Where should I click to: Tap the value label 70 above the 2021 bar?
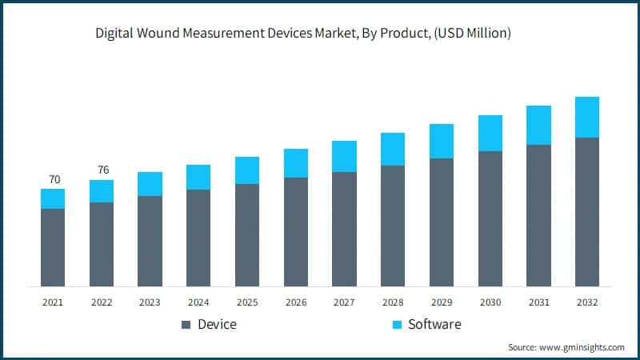(53, 179)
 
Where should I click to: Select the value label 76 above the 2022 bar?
(102, 170)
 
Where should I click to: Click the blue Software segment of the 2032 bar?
(587, 117)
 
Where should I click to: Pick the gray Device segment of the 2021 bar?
(53, 247)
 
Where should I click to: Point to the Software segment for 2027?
(344, 156)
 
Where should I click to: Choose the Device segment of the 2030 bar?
(490, 218)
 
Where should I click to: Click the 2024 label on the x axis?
(198, 302)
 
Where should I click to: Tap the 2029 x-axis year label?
(442, 302)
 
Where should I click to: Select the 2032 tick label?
(587, 302)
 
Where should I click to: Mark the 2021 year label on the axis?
(53, 302)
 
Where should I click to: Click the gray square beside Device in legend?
(186, 325)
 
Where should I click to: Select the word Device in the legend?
(218, 324)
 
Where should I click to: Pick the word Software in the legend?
(434, 324)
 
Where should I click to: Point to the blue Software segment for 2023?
(150, 184)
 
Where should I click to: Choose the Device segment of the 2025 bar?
(247, 235)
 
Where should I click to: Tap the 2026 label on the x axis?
(296, 302)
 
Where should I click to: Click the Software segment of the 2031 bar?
(538, 125)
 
